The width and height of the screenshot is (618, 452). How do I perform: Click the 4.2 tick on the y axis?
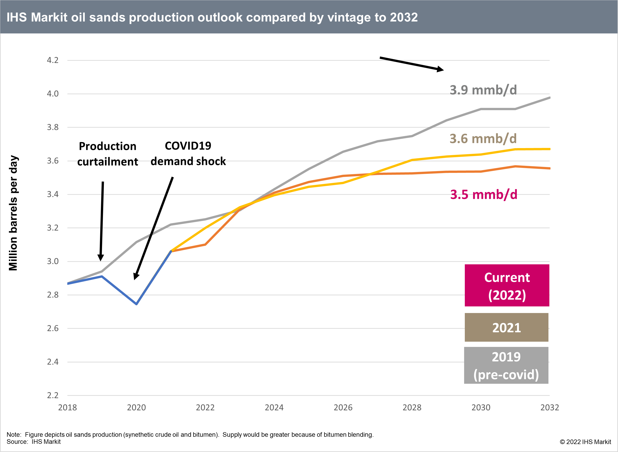tap(53, 60)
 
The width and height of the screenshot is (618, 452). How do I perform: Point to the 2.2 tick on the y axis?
tap(53, 395)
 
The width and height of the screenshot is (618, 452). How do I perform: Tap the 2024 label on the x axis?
tap(274, 408)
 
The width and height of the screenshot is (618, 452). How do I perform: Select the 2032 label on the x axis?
tap(550, 408)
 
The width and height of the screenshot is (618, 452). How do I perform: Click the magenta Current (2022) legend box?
tap(507, 285)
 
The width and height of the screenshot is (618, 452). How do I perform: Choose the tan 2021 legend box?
tap(506, 328)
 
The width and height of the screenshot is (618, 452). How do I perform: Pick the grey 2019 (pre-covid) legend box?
tap(506, 366)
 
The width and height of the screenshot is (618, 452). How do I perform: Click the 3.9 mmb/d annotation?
tap(483, 90)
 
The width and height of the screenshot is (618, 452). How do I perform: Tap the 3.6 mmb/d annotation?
tap(483, 139)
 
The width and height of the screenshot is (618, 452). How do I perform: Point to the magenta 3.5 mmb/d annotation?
tap(484, 194)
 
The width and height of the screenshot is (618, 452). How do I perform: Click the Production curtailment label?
tap(108, 154)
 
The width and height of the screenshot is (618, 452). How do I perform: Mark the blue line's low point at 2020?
tap(136, 304)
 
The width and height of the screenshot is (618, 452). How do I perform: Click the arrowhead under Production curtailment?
tap(101, 258)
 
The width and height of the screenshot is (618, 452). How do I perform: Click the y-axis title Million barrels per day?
tap(13, 213)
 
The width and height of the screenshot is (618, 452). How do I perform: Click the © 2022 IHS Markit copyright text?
tap(585, 442)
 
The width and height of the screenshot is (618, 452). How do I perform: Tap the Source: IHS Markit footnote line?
tap(34, 442)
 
